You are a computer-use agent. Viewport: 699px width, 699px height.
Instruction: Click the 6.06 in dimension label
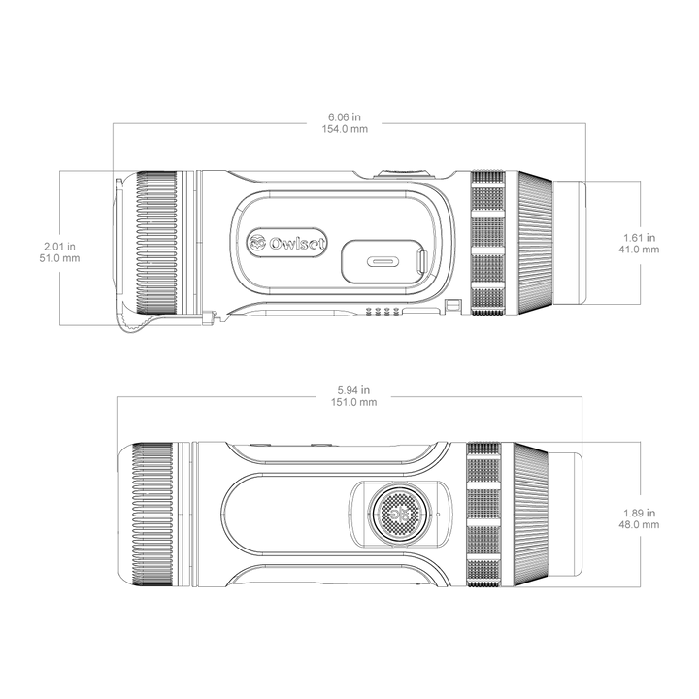coord(345,117)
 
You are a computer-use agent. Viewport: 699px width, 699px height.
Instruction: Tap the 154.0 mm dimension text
coord(345,129)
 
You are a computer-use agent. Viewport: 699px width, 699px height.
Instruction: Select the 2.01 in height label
coord(59,246)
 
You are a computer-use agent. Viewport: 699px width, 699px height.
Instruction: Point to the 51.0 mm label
coord(59,258)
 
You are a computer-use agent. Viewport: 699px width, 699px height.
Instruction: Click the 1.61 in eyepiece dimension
coord(639,238)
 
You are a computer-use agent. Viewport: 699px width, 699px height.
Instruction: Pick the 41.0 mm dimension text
coord(639,250)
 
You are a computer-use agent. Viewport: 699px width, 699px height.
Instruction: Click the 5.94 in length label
coord(353,390)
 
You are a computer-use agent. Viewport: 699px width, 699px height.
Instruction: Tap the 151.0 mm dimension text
coord(353,402)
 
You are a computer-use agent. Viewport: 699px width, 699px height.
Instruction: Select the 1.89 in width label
coord(639,514)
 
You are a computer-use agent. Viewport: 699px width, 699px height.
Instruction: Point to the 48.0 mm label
coord(639,524)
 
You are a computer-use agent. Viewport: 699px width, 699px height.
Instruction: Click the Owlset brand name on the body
coord(297,244)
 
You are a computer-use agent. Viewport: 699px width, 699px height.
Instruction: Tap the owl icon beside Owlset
coord(257,243)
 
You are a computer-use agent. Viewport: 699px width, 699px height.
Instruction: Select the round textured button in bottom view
coord(400,514)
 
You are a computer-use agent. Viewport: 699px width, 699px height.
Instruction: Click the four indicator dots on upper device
coord(382,311)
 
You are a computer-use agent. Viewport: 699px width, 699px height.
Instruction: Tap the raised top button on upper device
coord(403,173)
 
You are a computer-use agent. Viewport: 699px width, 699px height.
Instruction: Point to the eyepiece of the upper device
coord(569,243)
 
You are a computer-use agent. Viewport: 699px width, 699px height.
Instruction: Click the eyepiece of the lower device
coord(565,515)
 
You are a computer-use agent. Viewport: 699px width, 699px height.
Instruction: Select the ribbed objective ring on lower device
coord(153,515)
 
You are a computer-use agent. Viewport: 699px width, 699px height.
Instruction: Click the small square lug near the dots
coord(453,306)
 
